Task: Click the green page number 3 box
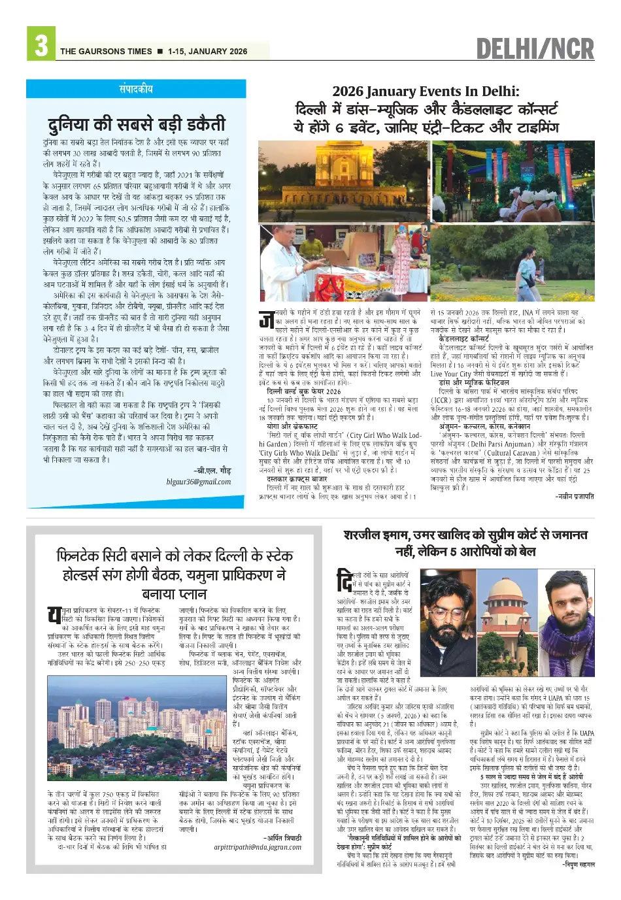point(41,44)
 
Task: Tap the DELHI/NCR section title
point(535,49)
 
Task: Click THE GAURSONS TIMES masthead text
point(106,52)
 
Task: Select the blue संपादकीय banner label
point(136,89)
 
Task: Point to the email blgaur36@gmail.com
point(198,482)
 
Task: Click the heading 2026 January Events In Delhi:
point(426,91)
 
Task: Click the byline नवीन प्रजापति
point(575,496)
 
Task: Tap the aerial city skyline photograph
point(137,729)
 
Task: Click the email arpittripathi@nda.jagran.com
point(258,847)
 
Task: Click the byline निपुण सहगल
point(579,864)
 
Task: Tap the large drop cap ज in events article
point(266,320)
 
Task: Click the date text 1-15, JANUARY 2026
point(207,52)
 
